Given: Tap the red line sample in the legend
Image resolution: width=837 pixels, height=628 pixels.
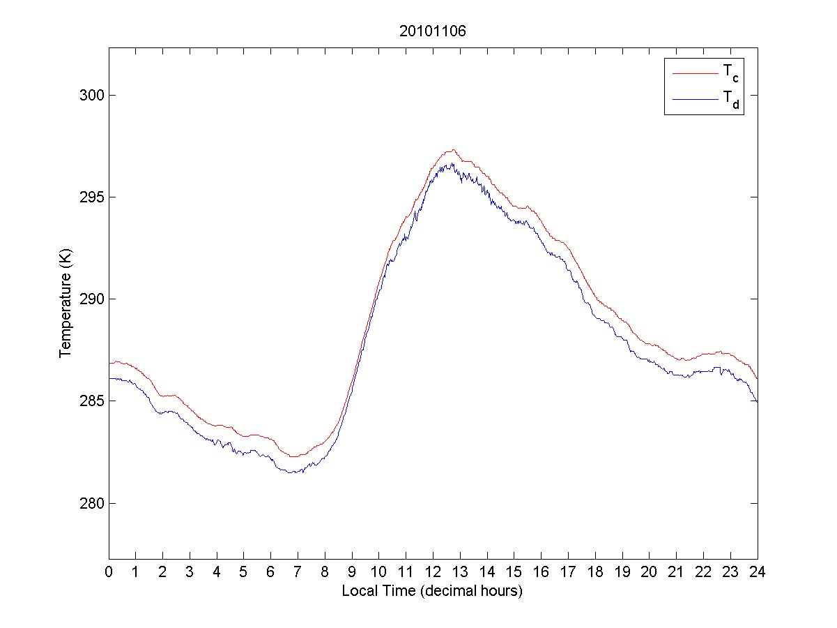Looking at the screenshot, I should (694, 73).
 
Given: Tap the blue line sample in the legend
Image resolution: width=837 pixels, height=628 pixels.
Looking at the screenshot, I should (694, 100).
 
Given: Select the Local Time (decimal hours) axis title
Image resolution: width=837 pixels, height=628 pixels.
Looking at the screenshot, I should (432, 591).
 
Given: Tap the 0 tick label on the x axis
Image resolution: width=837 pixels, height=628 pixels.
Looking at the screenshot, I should (109, 572).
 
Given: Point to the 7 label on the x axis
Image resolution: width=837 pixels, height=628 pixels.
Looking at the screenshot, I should (298, 572).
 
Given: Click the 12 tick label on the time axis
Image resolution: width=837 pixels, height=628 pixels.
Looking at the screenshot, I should (433, 572).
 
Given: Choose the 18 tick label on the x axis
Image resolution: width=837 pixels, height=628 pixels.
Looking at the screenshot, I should (595, 572).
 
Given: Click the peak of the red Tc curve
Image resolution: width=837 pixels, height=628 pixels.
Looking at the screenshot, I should (452, 149).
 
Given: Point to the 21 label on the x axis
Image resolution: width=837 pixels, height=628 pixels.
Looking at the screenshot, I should (676, 572).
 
